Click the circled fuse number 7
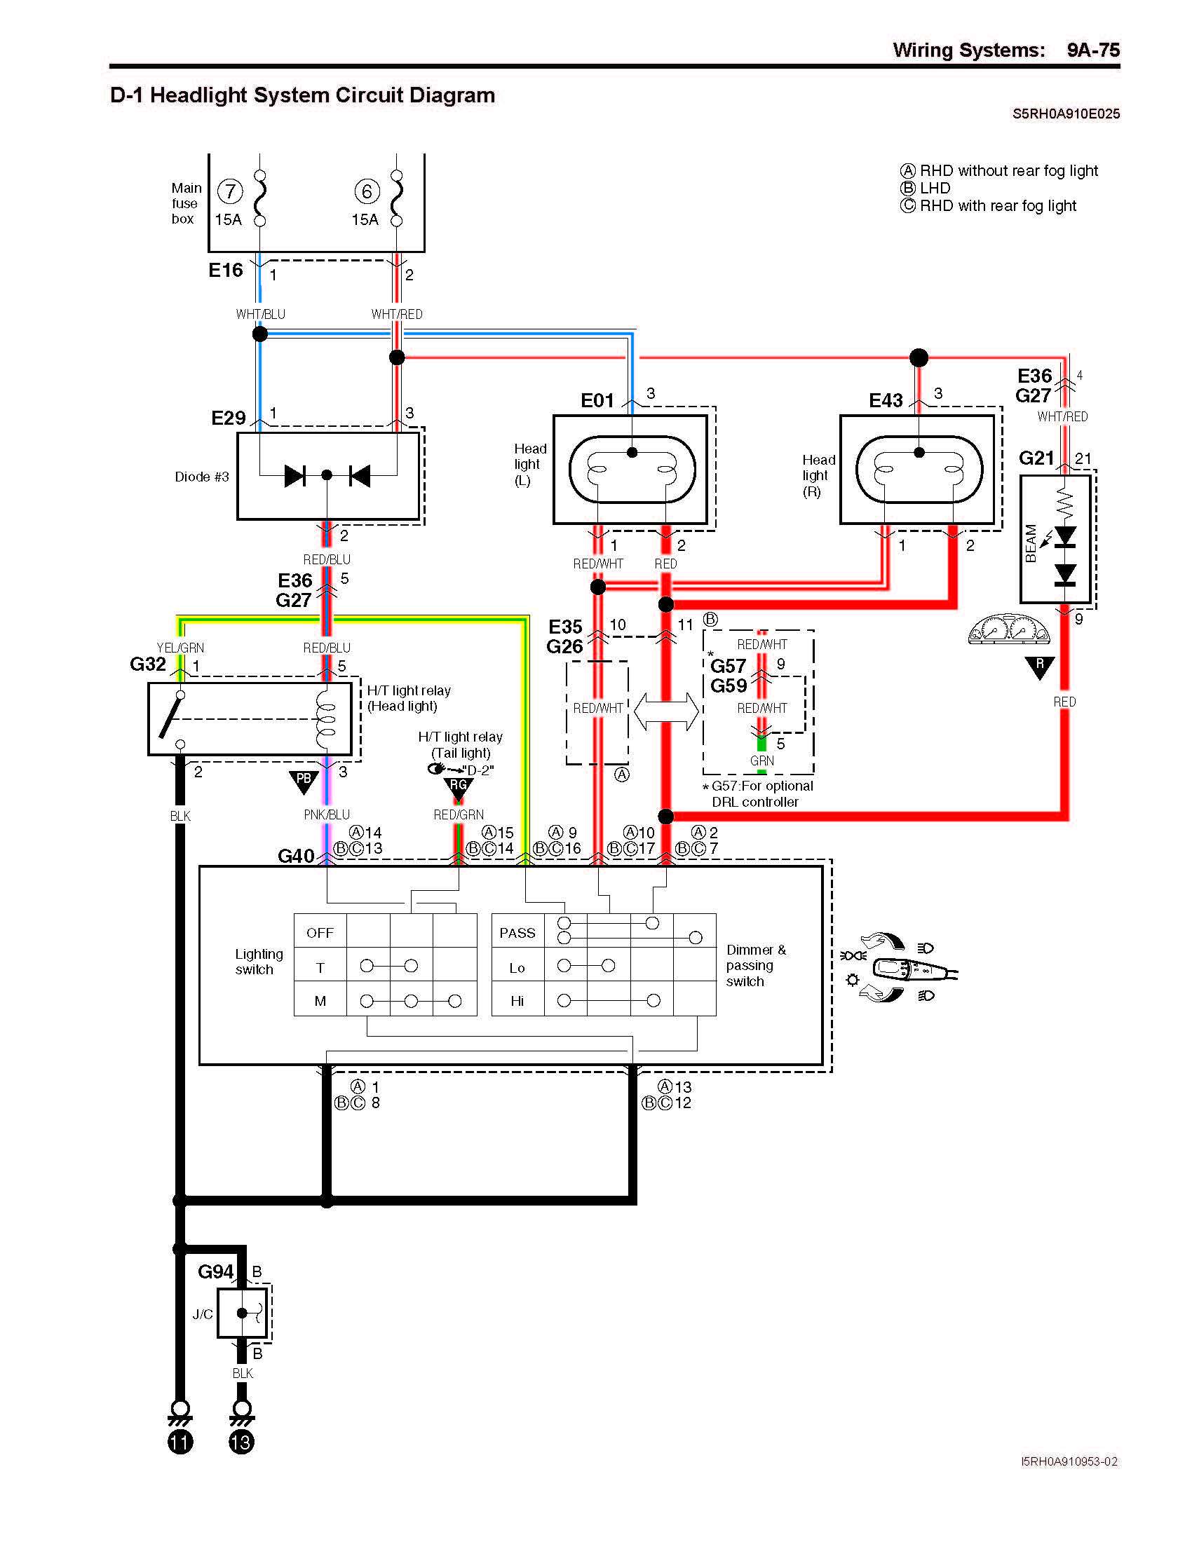coord(230,191)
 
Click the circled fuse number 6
coord(367,191)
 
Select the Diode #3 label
coord(202,477)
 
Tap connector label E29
coord(228,418)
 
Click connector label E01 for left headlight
coord(597,400)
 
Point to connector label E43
coord(886,400)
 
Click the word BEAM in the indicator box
coord(1031,543)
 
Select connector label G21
coord(1036,458)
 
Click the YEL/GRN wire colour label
coord(180,648)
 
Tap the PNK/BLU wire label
coord(327,814)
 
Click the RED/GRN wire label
coord(459,814)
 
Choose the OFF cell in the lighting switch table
coord(320,933)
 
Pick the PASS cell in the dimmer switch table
coord(517,933)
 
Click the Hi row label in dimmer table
coord(517,1000)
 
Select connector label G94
coord(215,1271)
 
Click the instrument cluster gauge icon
coord(1008,629)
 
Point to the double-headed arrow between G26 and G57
coord(666,711)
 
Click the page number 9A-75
coord(1093,50)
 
